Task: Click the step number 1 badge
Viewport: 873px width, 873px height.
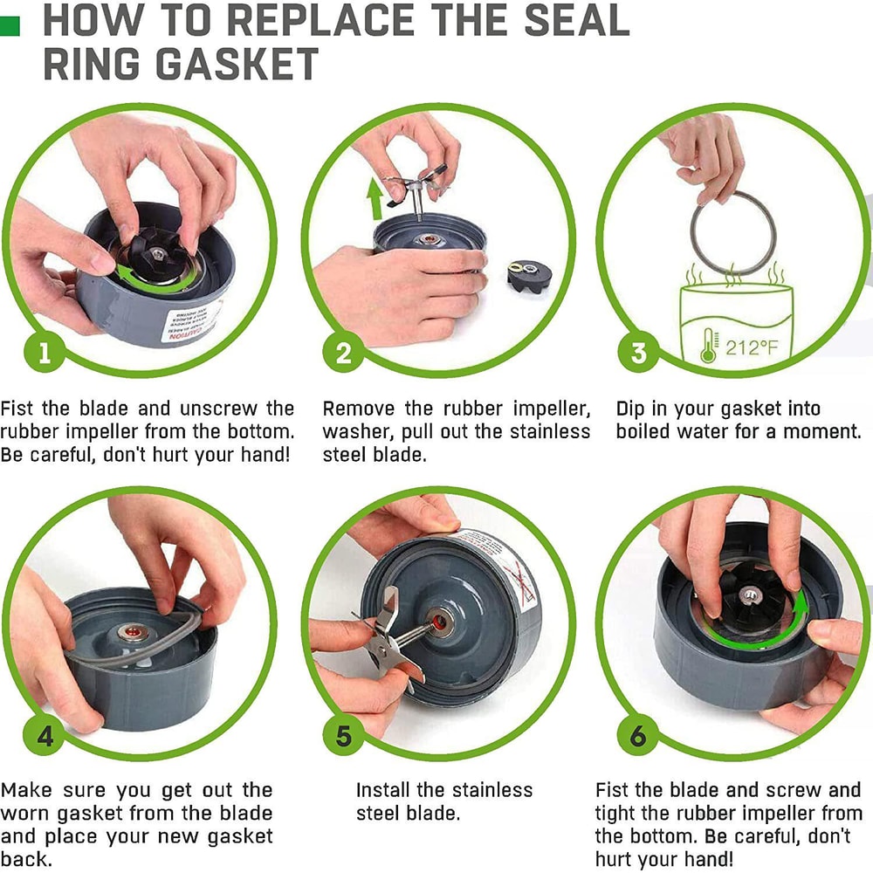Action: click(45, 354)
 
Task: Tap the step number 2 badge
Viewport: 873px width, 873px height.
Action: click(343, 354)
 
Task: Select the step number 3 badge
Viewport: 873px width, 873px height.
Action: click(638, 354)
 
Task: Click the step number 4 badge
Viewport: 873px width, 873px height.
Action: click(45, 736)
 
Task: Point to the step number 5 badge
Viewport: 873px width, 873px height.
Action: click(343, 736)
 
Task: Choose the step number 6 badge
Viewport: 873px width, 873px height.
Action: click(638, 736)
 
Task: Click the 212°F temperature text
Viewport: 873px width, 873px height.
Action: click(751, 348)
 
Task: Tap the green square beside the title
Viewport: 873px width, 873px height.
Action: click(10, 25)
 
